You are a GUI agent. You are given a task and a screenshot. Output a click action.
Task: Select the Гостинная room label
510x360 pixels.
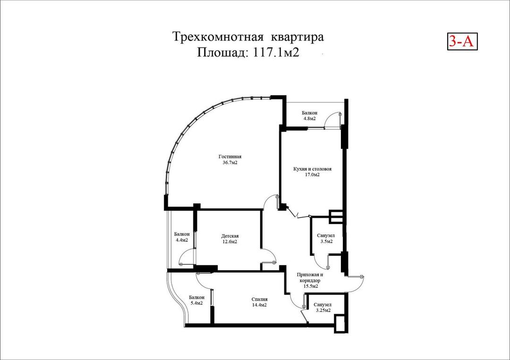230,157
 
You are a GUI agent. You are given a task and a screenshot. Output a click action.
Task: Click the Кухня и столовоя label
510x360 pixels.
309,168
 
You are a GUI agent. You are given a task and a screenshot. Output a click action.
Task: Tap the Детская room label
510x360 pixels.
229,236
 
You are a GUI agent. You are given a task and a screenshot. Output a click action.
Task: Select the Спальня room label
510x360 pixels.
259,299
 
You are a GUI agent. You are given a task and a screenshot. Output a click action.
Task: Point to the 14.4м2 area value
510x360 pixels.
259,305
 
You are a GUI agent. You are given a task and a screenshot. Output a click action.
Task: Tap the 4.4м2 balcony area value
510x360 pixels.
181,240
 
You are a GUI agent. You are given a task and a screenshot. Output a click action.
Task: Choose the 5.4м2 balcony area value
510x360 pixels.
196,303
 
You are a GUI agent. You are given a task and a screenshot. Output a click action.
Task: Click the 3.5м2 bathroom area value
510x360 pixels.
325,242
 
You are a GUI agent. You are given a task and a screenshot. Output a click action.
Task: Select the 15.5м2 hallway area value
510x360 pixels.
310,286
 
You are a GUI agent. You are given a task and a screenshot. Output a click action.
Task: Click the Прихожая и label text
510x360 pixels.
310,275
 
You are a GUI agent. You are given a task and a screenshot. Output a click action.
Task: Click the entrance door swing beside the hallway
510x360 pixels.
357,282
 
